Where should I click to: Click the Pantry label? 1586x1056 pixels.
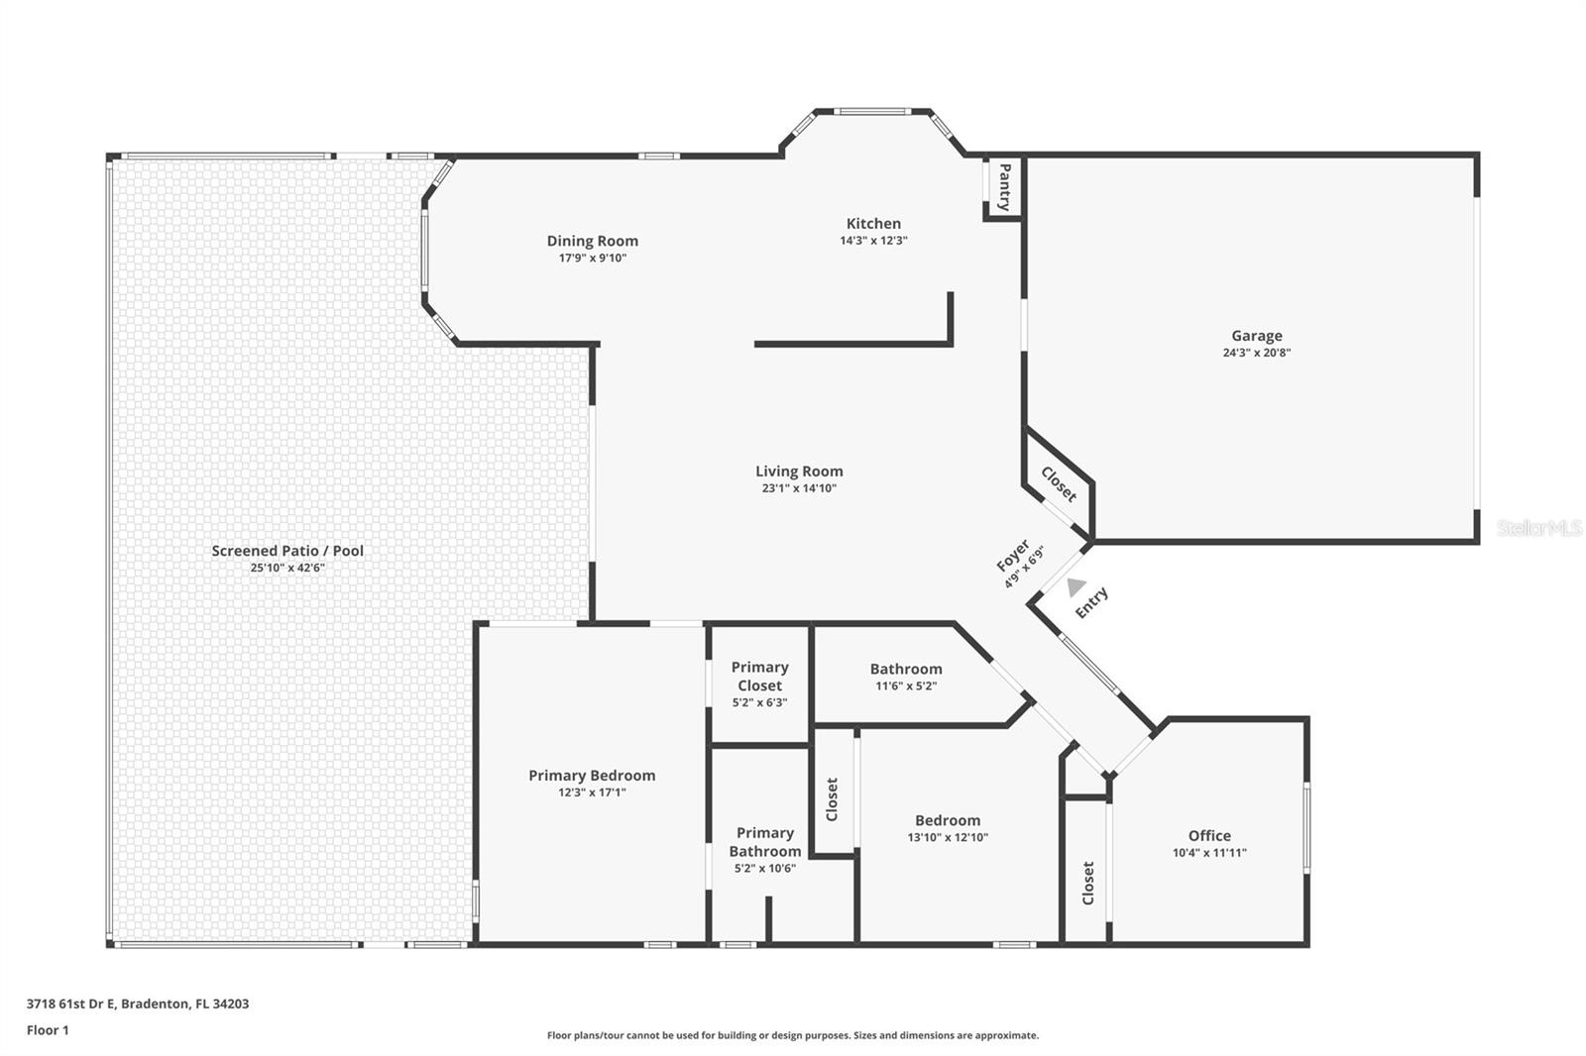click(x=1004, y=187)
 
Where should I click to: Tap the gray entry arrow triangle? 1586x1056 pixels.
click(x=1076, y=587)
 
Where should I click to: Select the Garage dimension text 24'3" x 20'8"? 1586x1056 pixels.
click(x=1256, y=353)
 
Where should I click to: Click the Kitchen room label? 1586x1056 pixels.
click(x=873, y=224)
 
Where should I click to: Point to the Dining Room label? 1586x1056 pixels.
click(x=592, y=241)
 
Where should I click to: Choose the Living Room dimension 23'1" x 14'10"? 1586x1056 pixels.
click(x=799, y=488)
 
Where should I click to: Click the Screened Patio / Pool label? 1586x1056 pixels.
click(x=287, y=551)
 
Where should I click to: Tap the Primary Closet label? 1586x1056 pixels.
click(x=759, y=677)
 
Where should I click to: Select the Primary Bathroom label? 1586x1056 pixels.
click(x=764, y=842)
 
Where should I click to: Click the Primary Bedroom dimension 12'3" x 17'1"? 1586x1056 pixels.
click(x=592, y=792)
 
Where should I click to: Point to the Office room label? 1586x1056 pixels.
click(x=1209, y=835)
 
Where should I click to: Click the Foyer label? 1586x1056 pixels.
click(x=1012, y=557)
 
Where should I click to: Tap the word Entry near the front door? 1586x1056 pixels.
click(x=1091, y=602)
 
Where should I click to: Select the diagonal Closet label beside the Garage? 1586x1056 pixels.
click(x=1059, y=483)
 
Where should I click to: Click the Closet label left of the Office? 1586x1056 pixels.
click(x=1087, y=883)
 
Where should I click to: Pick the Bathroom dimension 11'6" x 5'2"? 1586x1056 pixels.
click(x=905, y=686)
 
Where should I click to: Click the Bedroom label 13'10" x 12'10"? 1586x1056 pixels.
click(x=948, y=820)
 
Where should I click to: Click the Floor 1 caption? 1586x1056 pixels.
click(x=48, y=1030)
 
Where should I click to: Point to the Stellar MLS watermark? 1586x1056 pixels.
click(x=1539, y=529)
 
